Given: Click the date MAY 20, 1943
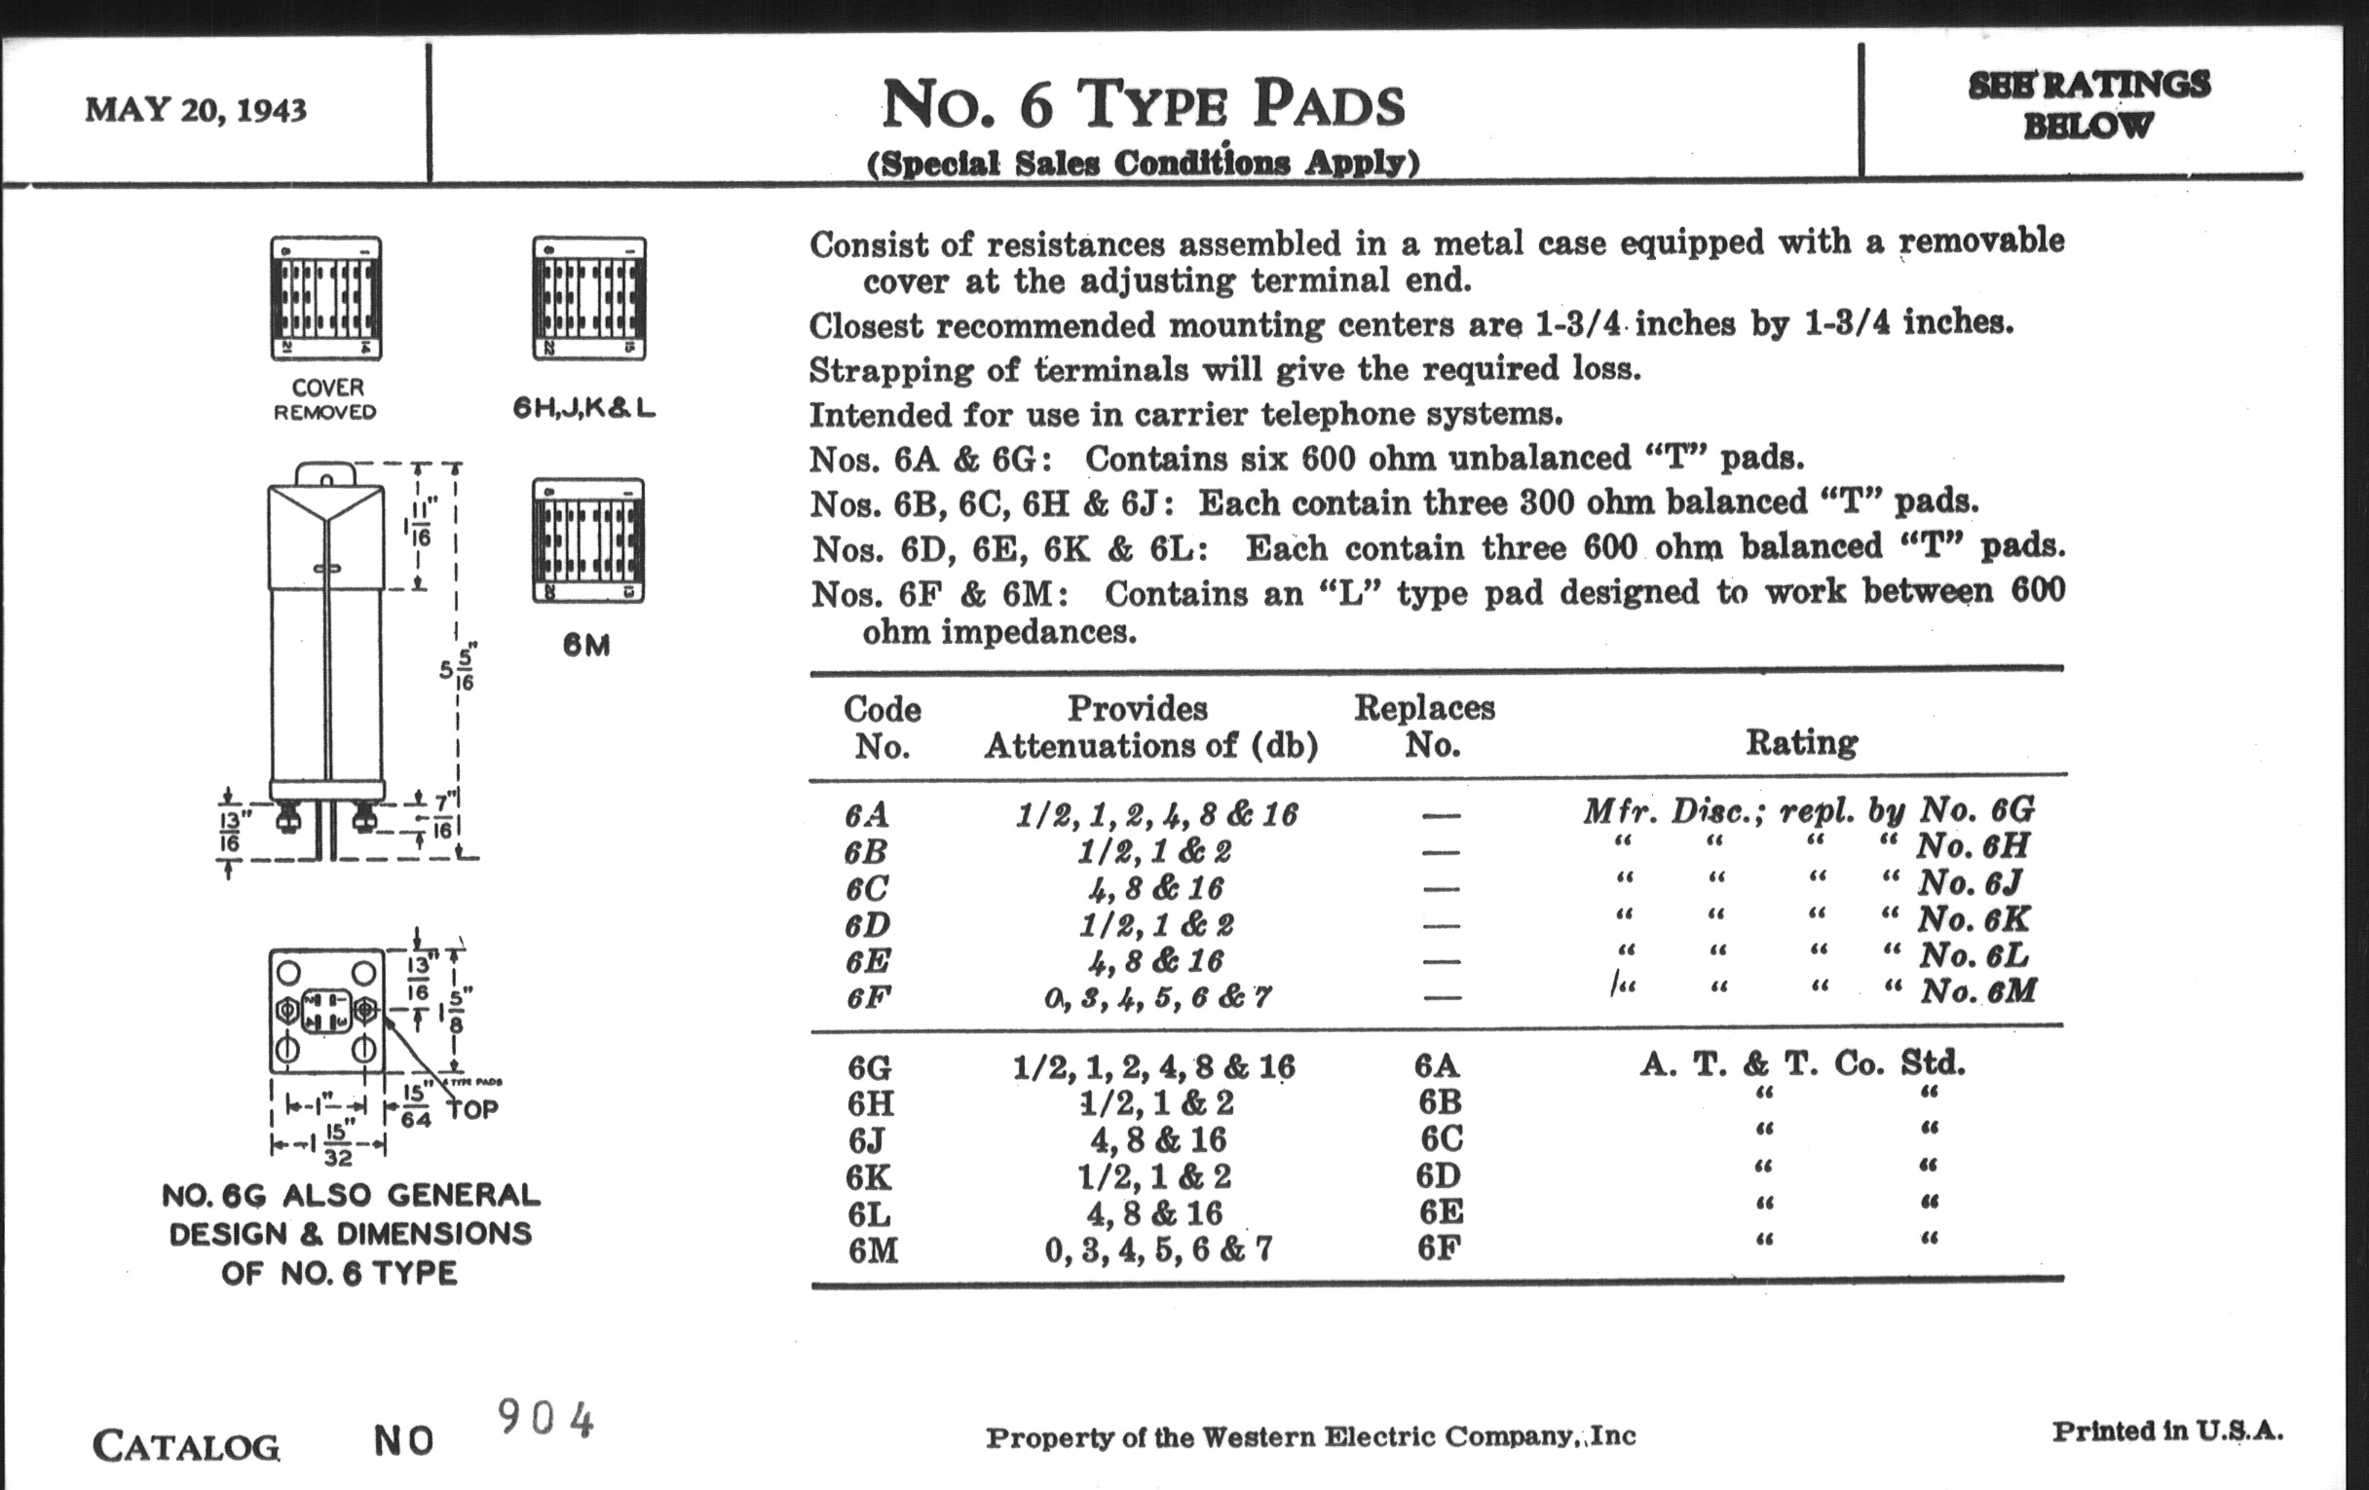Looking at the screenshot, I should (196, 109).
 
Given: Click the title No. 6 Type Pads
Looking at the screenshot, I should (1144, 104).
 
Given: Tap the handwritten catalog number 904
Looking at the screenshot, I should (546, 1419).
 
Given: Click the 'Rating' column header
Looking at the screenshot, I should (1801, 741).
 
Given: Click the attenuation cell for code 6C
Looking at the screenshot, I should (1155, 888).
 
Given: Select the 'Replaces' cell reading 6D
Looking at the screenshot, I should (1440, 1175).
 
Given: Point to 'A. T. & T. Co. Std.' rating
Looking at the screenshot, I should (1801, 1063).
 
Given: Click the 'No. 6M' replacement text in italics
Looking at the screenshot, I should (1977, 990).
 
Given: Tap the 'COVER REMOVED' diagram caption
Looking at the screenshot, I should (325, 399).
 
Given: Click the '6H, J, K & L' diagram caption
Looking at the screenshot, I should (584, 407).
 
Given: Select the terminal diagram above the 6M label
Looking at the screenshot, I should (588, 540).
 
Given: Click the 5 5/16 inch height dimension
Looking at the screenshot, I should (459, 669).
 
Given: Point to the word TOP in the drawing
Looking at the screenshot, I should (472, 1108).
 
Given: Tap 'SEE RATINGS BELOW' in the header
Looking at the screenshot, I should (2087, 104).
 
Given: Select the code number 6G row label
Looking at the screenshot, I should (870, 1067).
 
